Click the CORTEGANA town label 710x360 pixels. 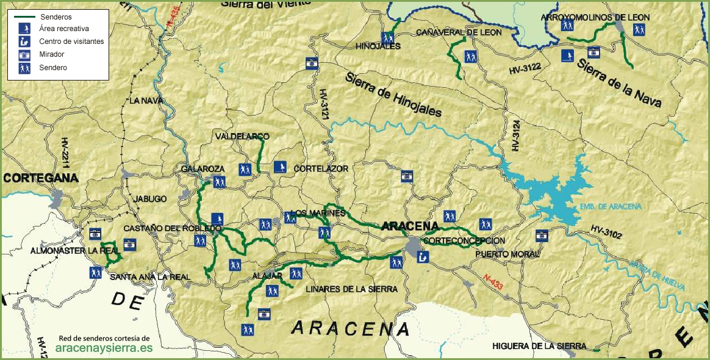41,178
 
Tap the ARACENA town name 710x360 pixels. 411,226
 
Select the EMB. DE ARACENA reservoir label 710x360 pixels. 611,207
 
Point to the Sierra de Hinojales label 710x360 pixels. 393,96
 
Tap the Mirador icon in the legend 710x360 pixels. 24,55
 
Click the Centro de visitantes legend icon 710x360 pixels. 24,41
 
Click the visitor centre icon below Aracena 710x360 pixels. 423,257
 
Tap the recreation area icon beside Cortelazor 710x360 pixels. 280,167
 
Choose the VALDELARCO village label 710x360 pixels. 242,136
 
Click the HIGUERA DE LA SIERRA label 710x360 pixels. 539,346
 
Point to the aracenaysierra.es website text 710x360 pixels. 104,348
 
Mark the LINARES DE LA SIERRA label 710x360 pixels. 351,289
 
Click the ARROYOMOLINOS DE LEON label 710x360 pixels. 595,18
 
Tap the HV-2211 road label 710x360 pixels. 64,155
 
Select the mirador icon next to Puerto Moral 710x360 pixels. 542,236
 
